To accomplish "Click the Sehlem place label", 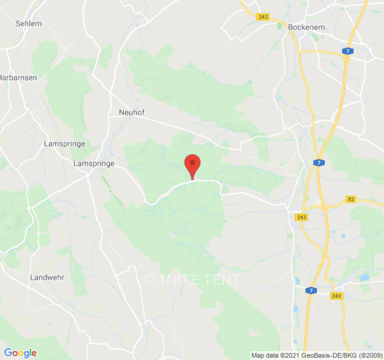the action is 28,23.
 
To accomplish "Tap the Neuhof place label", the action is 131,112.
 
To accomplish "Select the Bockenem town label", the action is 306,27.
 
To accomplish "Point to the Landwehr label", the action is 47,277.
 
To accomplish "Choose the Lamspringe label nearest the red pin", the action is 94,164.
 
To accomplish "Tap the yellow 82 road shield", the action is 352,199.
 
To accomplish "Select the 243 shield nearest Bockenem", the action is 263,17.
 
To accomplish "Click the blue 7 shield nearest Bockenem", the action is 347,51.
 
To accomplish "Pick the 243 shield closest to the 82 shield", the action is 302,217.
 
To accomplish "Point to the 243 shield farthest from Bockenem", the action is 336,296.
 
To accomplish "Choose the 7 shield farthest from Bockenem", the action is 310,291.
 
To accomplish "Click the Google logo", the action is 20,353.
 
